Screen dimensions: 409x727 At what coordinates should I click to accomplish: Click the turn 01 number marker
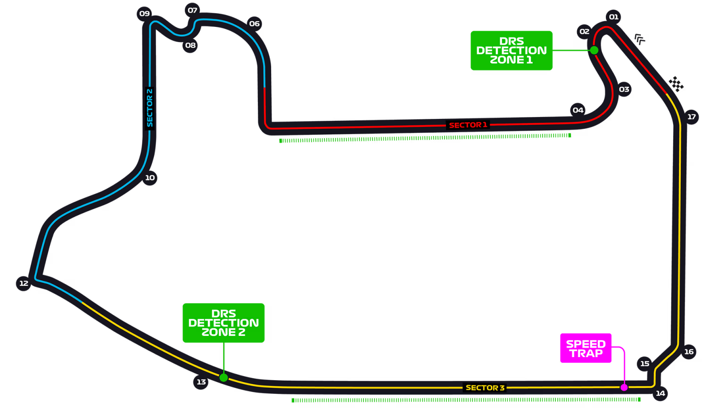tap(613, 17)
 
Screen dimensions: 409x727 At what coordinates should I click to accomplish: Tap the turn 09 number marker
tap(144, 14)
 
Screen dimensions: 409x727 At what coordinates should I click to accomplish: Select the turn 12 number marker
tap(24, 283)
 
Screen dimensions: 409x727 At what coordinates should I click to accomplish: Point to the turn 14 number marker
tap(660, 393)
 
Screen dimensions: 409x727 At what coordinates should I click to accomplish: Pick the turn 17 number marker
tap(691, 117)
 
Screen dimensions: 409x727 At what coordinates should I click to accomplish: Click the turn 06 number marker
tap(254, 24)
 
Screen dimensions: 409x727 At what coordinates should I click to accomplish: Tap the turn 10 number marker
tap(149, 177)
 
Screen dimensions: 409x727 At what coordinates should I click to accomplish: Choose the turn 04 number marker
tap(578, 110)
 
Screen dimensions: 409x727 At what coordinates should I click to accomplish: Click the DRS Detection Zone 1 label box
tap(512, 50)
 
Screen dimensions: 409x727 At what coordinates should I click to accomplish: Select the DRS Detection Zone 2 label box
tap(223, 323)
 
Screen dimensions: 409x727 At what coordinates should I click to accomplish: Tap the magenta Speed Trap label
tap(586, 348)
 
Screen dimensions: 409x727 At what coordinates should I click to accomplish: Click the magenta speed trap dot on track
tap(624, 387)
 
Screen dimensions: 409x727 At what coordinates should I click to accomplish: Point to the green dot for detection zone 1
tap(594, 50)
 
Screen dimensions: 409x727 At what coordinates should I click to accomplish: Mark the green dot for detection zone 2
tap(223, 377)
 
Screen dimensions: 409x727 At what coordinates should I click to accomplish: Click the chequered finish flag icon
tap(676, 84)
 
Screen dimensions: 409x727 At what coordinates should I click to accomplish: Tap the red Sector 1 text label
tap(468, 125)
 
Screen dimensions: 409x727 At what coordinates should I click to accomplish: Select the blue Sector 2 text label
tap(149, 108)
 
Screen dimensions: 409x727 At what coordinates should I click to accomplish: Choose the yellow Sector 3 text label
tap(485, 388)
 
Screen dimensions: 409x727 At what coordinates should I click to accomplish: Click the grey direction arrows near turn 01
tap(639, 39)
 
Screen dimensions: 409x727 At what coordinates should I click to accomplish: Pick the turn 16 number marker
tap(688, 351)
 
